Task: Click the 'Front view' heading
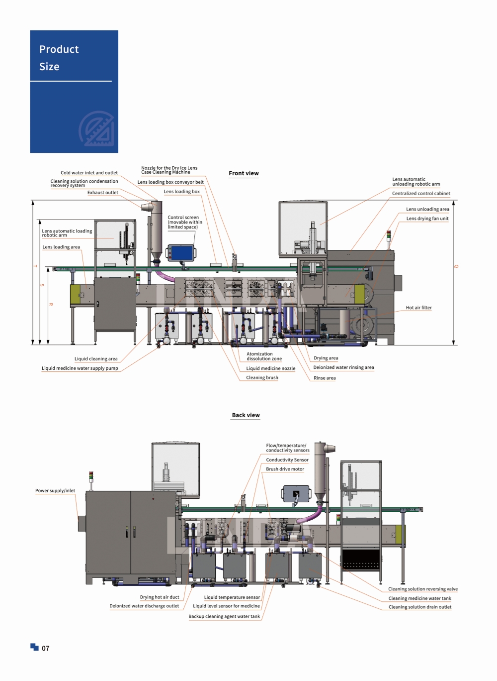coord(244,173)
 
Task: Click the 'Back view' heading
coord(246,415)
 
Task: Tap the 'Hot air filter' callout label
coord(418,308)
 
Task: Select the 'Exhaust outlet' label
coord(102,193)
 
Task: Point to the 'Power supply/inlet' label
coord(55,490)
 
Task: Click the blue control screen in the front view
coord(181,253)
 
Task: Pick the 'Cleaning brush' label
coord(262,378)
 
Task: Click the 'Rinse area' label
coord(325,378)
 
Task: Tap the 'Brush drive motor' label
coord(285,469)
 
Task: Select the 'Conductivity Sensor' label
coord(287,460)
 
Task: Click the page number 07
coord(46,648)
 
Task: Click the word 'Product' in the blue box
coord(59,49)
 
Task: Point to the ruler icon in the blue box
coord(96,128)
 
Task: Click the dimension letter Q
coord(456,267)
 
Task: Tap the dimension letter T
coord(35,266)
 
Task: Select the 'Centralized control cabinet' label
coord(421,193)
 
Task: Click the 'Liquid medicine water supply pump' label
coord(80,368)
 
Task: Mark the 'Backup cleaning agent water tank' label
coord(224,616)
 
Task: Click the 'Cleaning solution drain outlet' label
coord(420,607)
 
